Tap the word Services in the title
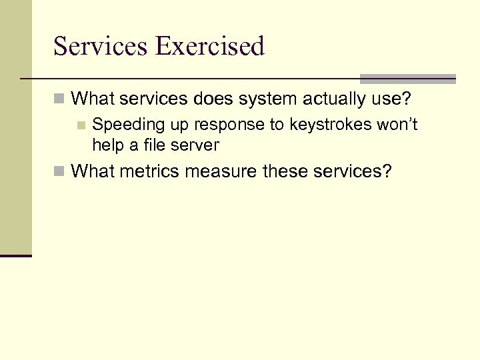[101, 47]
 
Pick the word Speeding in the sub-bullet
[124, 125]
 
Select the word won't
[397, 125]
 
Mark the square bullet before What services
[59, 100]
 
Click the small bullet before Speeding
[81, 125]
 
